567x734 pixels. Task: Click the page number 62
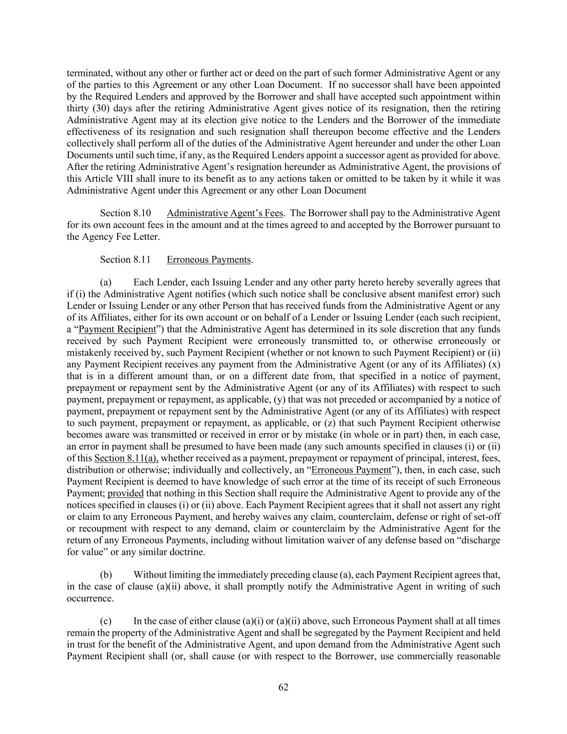click(283, 687)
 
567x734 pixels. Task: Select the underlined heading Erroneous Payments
click(209, 260)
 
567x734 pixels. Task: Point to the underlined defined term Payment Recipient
click(117, 329)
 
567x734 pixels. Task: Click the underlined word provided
click(126, 493)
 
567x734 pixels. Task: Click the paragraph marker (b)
click(106, 575)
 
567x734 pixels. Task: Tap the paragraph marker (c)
click(106, 621)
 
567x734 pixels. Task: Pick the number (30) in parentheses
click(99, 109)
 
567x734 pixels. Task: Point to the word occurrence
click(90, 598)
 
